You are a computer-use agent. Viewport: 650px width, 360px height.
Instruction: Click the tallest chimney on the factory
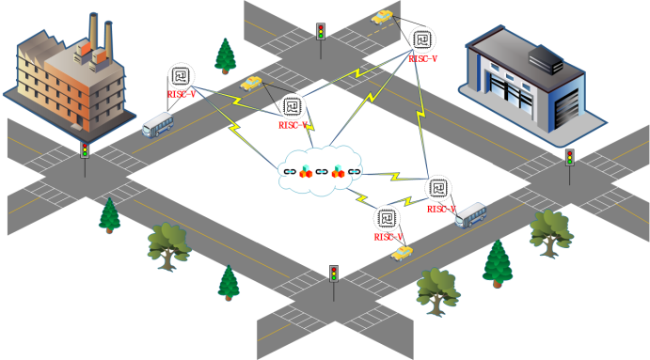[93, 31]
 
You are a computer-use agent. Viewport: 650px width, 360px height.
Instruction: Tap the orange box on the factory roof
[86, 49]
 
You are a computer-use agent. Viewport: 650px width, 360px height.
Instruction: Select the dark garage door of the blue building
[566, 107]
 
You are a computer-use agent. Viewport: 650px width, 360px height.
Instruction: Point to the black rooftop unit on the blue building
[546, 59]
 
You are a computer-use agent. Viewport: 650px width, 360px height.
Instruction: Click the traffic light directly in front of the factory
[85, 150]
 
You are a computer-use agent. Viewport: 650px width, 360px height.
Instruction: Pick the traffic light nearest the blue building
[570, 158]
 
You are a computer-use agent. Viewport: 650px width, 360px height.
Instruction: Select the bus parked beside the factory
[158, 125]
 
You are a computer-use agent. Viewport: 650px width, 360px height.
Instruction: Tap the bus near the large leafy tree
[471, 214]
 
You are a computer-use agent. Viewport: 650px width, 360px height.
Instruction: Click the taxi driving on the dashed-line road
[382, 17]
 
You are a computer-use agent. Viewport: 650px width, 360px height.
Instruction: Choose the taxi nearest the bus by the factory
[251, 83]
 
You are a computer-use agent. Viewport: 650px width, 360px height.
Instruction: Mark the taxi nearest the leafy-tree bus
[402, 253]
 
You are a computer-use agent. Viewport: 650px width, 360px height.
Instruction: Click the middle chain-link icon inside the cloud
[322, 171]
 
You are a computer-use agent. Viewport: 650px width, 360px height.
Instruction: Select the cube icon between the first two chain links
[306, 171]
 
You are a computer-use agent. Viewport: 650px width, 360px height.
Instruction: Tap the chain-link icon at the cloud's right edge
[354, 171]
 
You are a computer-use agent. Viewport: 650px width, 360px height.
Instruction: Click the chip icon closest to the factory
[181, 76]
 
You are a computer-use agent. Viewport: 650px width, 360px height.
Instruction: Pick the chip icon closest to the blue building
[422, 39]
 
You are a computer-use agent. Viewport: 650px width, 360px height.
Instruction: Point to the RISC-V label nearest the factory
[182, 94]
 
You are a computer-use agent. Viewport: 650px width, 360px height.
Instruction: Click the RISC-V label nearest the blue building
[423, 59]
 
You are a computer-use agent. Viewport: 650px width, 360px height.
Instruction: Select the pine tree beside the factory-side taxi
[225, 56]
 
